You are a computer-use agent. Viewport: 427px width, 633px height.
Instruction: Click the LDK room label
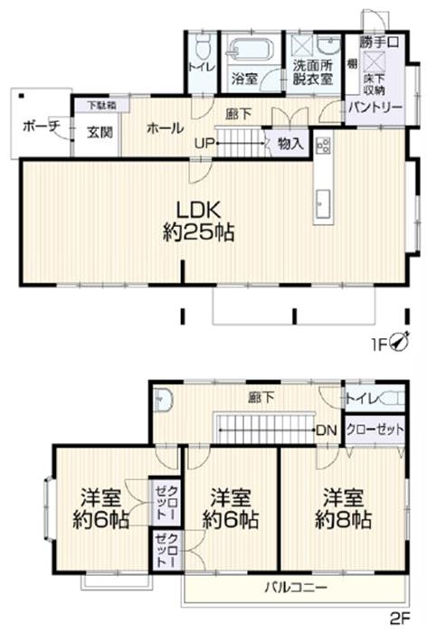199,222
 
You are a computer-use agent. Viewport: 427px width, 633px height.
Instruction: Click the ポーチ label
42,126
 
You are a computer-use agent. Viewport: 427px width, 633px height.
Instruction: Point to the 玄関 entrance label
100,132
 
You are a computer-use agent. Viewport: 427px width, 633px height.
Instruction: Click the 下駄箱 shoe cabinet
102,106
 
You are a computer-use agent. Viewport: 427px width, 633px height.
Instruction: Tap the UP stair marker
204,143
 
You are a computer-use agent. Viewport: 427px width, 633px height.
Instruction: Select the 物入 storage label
291,143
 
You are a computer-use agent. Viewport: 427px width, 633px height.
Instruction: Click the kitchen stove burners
324,146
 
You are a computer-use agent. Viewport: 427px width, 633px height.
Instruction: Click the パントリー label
375,108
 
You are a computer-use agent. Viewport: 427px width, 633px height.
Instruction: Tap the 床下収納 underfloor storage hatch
370,63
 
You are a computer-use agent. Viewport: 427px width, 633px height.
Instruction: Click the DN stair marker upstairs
327,430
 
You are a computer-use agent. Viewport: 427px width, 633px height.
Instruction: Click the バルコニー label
296,587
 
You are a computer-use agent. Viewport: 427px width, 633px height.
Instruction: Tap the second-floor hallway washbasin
164,400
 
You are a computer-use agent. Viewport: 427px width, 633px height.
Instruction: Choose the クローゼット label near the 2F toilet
375,430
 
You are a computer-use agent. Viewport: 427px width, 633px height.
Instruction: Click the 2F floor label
400,618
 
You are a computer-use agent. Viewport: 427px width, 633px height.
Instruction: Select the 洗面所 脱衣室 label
313,71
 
